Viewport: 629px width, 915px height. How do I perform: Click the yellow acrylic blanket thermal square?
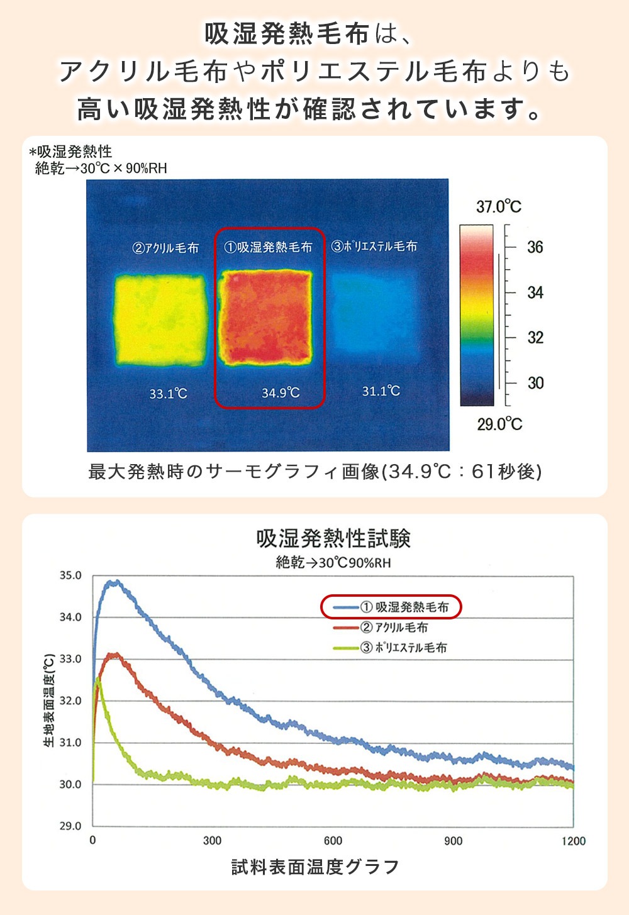pos(160,319)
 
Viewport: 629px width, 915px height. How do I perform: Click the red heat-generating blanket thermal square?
pos(265,318)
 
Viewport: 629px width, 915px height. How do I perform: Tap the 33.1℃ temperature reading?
pos(168,394)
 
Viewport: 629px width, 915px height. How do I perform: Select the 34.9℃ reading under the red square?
pos(281,393)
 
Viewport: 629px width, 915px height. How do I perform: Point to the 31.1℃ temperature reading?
pos(381,391)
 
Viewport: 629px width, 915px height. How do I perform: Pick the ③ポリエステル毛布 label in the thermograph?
pos(374,247)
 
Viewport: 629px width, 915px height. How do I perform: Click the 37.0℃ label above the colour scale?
pos(498,206)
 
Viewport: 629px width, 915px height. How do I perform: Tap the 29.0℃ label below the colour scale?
pos(499,424)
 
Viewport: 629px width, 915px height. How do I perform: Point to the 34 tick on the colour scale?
pos(535,292)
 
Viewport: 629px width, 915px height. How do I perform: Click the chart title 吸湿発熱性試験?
pos(333,539)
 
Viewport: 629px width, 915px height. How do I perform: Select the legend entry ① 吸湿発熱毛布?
pos(405,607)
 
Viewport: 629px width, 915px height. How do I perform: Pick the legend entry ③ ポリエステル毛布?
pos(403,648)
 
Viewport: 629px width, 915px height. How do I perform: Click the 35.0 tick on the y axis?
pos(70,575)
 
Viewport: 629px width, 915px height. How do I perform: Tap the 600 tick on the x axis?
pos(333,841)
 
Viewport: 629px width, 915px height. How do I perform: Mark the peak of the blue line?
pos(113,582)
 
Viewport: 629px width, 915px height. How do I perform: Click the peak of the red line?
pos(113,655)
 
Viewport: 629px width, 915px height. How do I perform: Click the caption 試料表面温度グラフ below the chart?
pos(315,867)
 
